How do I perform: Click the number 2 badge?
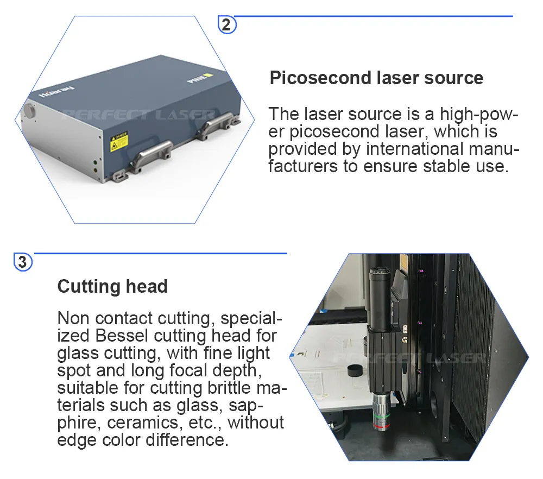click(226, 24)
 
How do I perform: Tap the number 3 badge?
click(22, 262)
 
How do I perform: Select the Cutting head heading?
click(112, 286)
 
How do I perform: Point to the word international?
click(414, 149)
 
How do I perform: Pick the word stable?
click(447, 166)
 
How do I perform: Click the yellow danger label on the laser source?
click(119, 141)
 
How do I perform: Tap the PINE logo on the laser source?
click(200, 78)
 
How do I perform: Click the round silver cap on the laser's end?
click(29, 111)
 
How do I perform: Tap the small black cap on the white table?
click(354, 370)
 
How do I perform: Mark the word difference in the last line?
click(187, 440)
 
